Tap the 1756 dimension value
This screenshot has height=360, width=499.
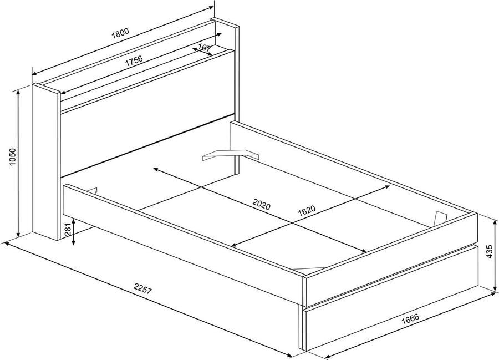[133, 62]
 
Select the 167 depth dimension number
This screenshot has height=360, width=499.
[204, 48]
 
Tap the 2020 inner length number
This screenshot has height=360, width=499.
[261, 206]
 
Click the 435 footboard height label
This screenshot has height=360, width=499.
[488, 251]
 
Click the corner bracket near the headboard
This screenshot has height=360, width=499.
[231, 154]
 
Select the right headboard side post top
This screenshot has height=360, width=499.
[225, 23]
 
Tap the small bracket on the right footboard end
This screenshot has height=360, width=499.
[441, 218]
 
